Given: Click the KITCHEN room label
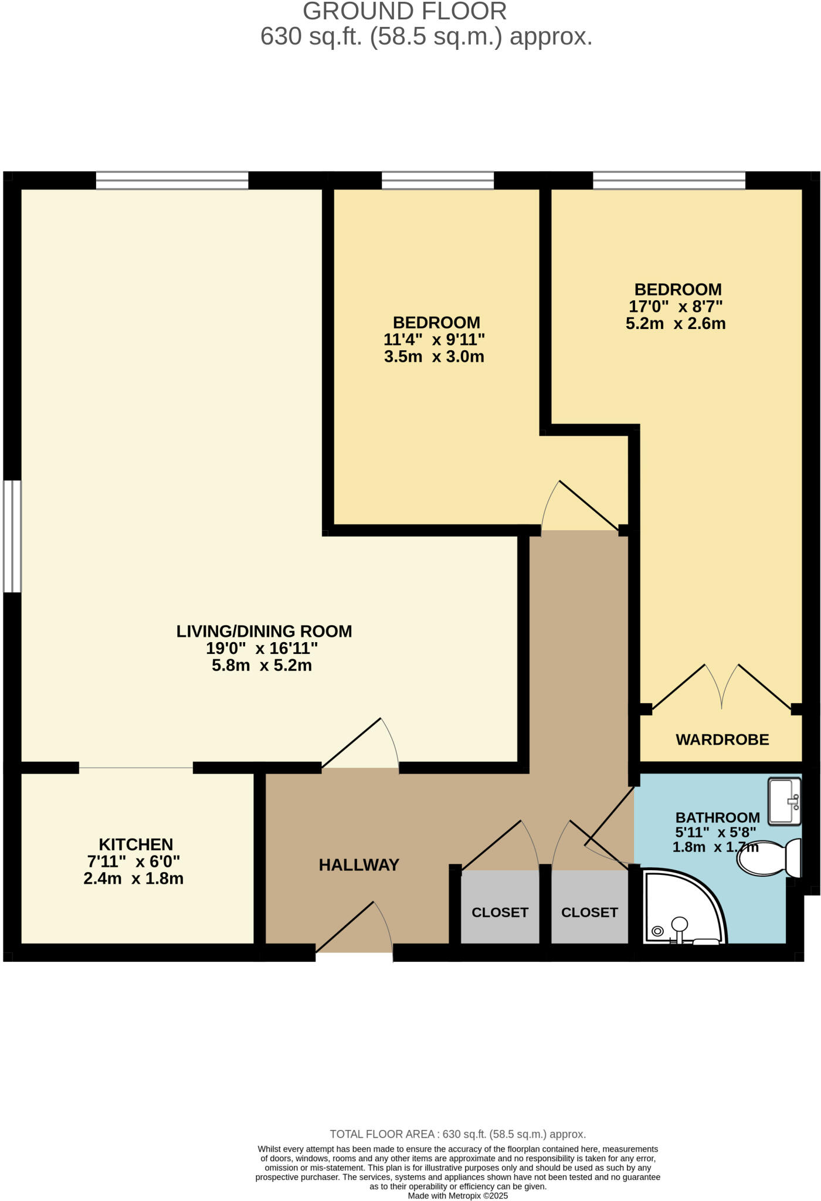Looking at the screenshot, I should pos(135,844).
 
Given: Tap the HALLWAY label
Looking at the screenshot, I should pos(359,865).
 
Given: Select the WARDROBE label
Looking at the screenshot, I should pos(722,739).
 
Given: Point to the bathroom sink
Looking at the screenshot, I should pos(784,801).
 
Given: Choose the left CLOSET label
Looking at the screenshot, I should pos(500,912).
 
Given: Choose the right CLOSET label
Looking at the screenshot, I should pos(589,912).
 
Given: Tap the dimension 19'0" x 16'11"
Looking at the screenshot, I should pos(262,649).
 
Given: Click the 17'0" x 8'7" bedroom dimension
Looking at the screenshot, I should pos(676,306).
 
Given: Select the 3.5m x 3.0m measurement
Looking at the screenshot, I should pos(434,357).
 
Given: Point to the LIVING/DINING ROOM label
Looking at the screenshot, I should pos(264,632).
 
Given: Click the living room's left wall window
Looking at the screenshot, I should pos(12,536).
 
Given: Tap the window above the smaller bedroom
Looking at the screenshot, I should pos(437,181).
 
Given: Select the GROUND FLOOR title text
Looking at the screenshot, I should pos(405,12).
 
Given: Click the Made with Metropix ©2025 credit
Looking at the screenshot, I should pos(457,1196).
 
